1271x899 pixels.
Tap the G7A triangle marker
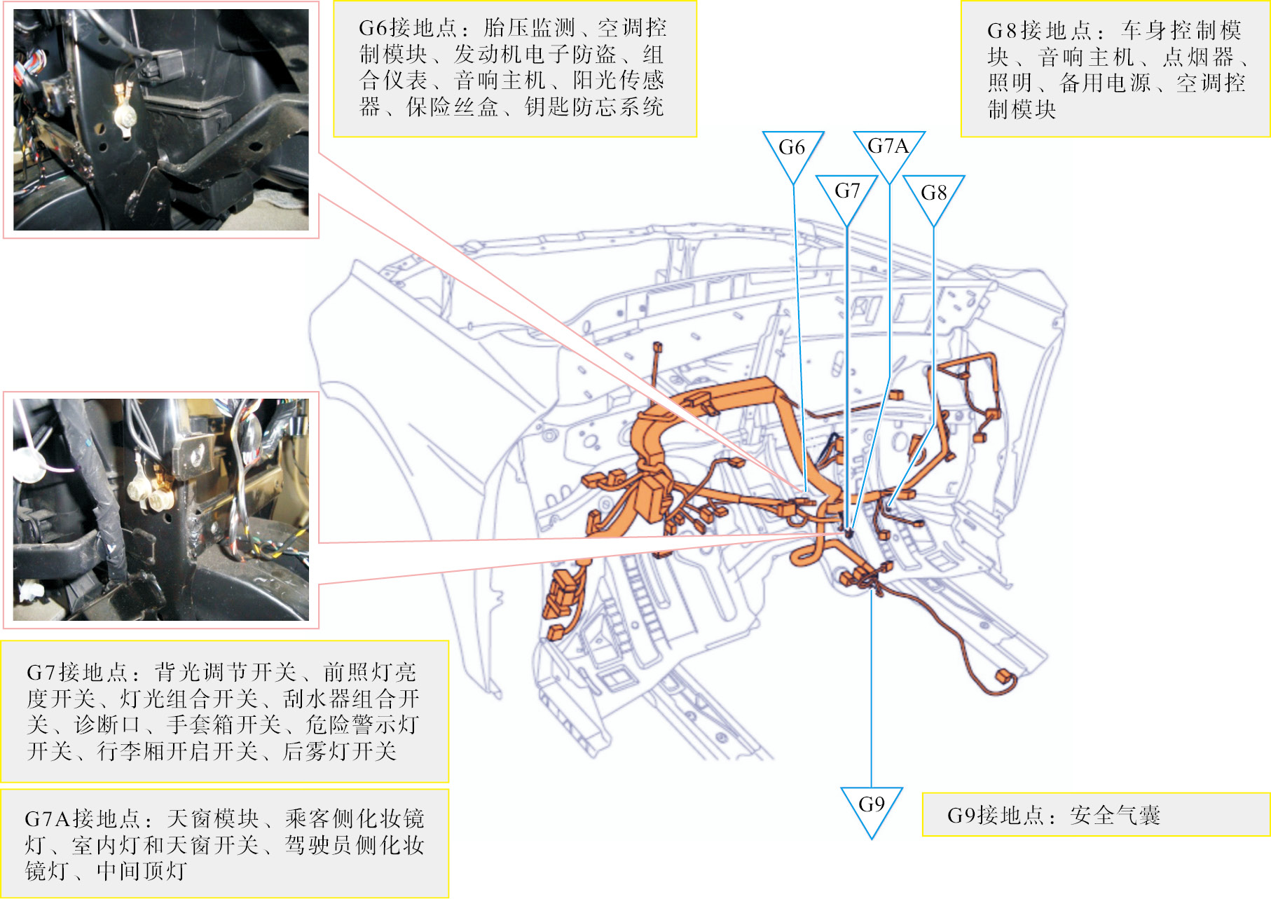[x=888, y=148]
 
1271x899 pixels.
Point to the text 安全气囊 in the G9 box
[x=1115, y=815]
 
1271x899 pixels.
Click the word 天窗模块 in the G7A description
[x=213, y=818]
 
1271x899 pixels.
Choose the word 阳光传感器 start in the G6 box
[x=618, y=81]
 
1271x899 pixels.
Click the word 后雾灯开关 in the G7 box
[x=339, y=751]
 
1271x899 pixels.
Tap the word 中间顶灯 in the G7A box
[x=142, y=871]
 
